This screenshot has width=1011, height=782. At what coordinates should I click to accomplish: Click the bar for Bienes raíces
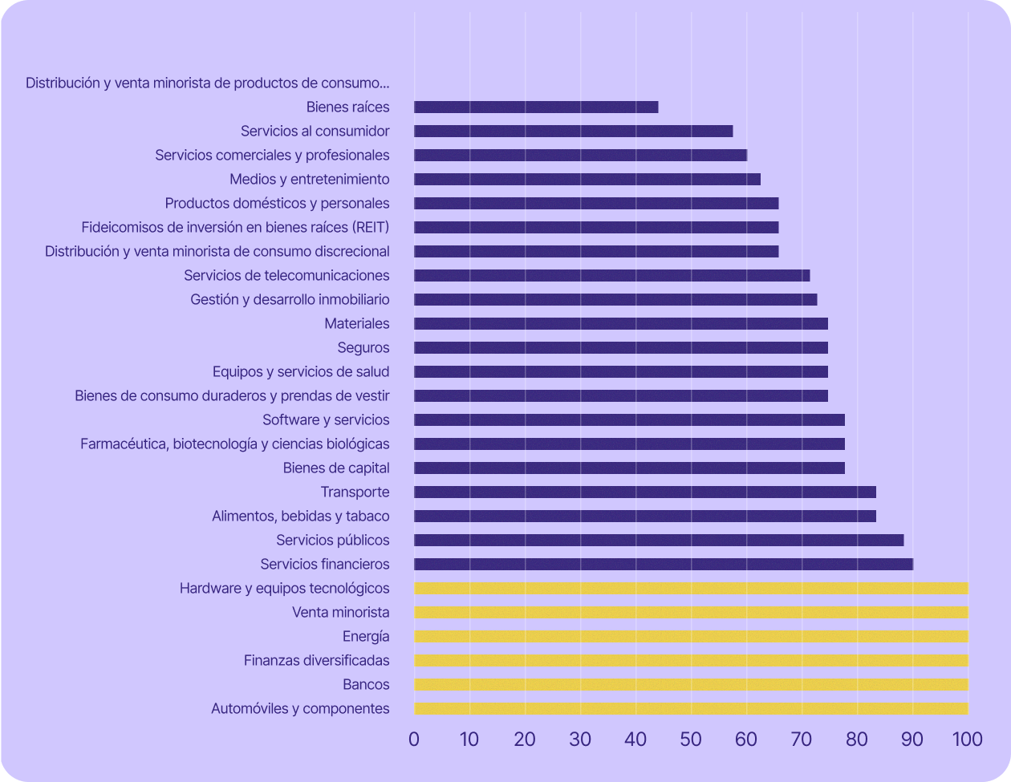(536, 107)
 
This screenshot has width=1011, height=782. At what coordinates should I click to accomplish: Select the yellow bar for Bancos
(691, 685)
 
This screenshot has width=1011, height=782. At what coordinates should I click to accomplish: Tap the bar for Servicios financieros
(664, 565)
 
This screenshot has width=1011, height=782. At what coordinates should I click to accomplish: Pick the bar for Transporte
(645, 492)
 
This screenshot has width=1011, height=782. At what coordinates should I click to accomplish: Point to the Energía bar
(691, 637)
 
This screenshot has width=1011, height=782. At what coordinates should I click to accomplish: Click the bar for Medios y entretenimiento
(587, 180)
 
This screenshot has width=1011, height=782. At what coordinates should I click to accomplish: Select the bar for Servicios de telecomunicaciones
(612, 276)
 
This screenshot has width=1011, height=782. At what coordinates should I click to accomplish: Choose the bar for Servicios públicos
(659, 541)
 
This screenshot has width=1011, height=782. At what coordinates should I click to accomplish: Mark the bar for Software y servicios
(629, 420)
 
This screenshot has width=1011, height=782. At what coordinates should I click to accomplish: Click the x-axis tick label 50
(691, 739)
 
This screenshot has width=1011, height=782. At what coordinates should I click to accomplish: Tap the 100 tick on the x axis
(967, 739)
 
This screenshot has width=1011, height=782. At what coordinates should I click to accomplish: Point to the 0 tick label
(414, 739)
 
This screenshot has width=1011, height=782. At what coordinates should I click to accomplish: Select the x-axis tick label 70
(802, 739)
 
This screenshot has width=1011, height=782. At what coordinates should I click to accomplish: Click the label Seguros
(363, 348)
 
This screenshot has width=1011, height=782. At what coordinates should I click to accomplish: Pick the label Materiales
(357, 324)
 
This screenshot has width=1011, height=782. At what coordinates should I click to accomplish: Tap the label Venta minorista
(341, 613)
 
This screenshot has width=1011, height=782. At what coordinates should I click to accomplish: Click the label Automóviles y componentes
(300, 709)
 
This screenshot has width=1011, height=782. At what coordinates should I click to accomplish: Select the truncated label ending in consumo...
(208, 83)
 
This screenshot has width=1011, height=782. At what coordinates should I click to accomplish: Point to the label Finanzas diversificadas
(317, 661)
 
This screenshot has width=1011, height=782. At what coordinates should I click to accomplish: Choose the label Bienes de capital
(336, 468)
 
